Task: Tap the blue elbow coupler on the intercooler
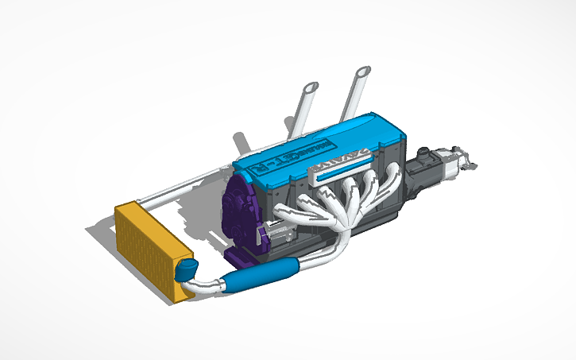pos(187,269)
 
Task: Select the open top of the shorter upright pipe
pos(311,86)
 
